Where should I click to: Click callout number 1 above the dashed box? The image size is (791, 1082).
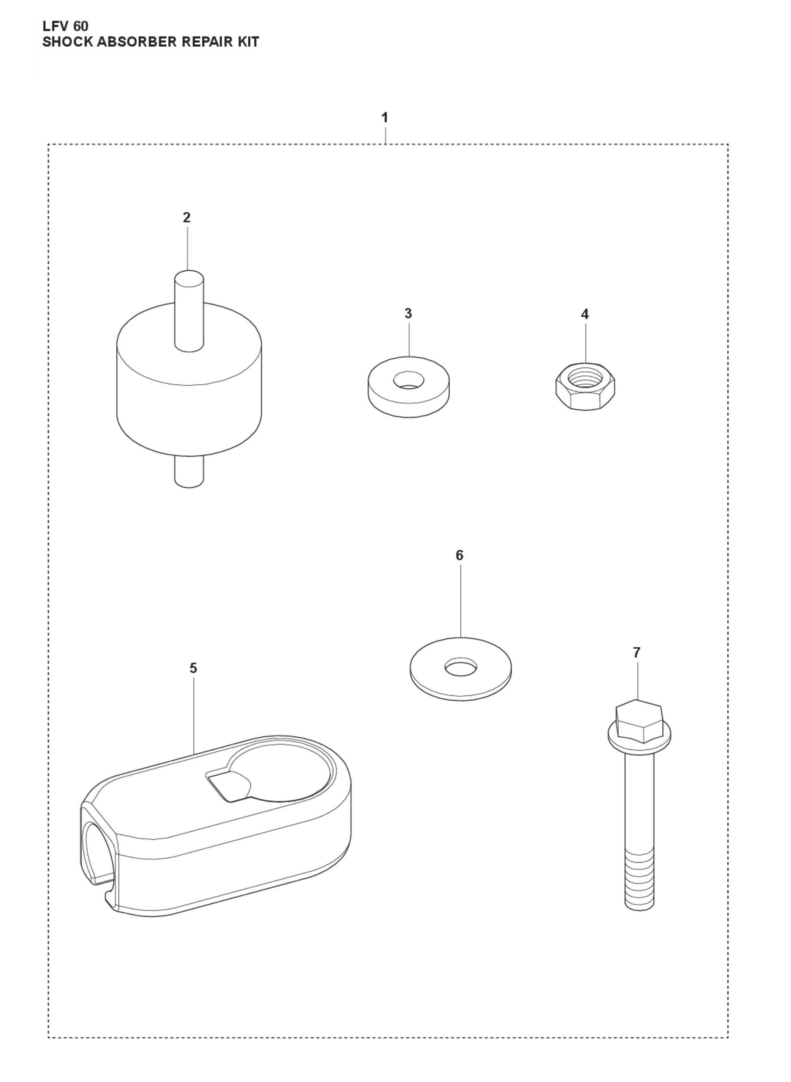385,117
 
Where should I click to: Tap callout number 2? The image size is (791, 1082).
187,217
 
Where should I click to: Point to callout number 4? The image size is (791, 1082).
585,314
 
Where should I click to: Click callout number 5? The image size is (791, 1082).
193,668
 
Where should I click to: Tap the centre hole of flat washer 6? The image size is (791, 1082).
461,665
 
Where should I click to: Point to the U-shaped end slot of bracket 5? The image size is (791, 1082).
98,857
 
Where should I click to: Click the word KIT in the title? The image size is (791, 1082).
247,42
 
